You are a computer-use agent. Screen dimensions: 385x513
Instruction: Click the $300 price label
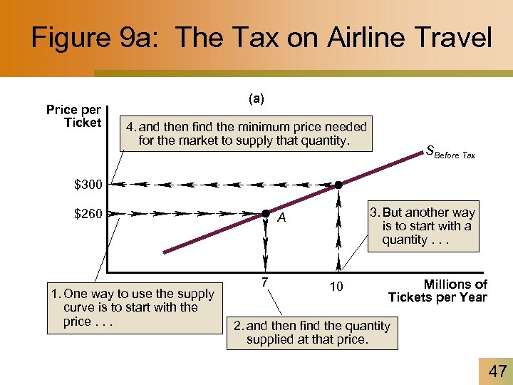pos(89,185)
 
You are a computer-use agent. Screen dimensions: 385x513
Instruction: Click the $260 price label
pos(89,213)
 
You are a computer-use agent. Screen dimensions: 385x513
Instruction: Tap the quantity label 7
pos(264,282)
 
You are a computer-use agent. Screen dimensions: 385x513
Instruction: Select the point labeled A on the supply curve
pos(264,213)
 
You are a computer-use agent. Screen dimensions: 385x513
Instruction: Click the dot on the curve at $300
pos(338,185)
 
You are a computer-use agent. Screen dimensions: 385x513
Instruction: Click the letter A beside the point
pos(282,219)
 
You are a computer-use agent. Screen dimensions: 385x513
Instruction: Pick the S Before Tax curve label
pos(450,151)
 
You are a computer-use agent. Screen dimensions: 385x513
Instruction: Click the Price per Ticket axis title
pos(74,116)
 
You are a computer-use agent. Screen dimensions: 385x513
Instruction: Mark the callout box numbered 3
pos(423,226)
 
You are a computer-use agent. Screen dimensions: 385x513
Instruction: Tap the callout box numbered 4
pos(247,133)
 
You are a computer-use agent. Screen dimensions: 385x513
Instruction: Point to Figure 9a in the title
pos(95,38)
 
